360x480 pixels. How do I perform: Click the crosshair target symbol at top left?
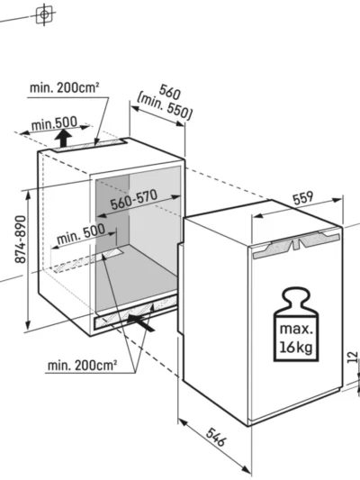(44, 14)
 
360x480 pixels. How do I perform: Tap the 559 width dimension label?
(303, 198)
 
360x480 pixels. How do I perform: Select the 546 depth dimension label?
(216, 437)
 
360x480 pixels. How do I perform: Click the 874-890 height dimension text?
(21, 239)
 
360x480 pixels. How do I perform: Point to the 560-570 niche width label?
(134, 200)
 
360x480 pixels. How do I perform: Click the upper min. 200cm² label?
(64, 88)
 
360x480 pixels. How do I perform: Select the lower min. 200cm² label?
(82, 366)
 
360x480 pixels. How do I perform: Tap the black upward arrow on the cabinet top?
(63, 138)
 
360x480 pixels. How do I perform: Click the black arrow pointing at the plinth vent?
(141, 323)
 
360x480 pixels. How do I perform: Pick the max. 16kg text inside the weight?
(296, 339)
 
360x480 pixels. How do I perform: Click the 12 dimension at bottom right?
(353, 358)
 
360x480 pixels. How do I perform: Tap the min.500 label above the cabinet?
(54, 123)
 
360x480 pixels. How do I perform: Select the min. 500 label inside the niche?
(81, 233)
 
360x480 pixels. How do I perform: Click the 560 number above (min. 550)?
(170, 91)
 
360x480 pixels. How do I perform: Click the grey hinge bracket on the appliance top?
(296, 243)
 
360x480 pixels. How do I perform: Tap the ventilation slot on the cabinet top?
(89, 145)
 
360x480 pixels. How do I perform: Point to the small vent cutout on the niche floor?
(112, 252)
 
